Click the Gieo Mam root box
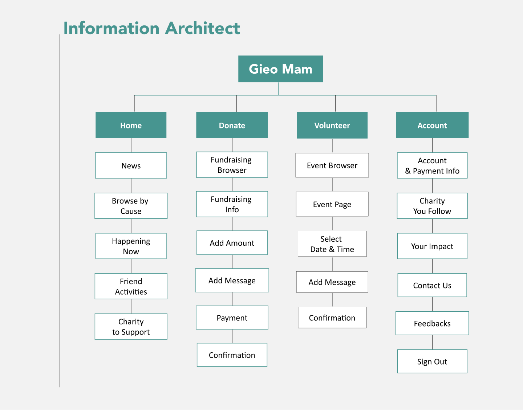tap(280, 69)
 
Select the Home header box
tap(131, 125)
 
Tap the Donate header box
tap(232, 125)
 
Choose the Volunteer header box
tap(332, 125)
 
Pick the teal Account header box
tap(432, 125)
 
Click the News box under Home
tap(131, 165)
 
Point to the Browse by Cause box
tap(131, 206)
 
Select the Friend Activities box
tap(131, 286)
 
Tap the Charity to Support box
tap(131, 327)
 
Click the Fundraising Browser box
tap(232, 165)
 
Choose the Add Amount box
tap(232, 243)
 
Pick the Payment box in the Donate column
tap(232, 317)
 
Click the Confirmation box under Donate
tap(232, 355)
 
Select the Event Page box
tap(332, 204)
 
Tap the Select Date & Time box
tap(332, 244)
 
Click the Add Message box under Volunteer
tap(332, 282)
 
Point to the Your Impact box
tap(432, 246)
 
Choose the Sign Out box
tap(432, 361)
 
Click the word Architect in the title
tap(202, 28)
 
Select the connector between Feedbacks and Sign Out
tap(432, 343)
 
